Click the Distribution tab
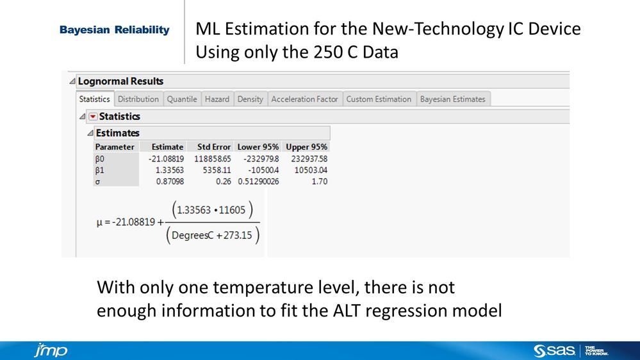(x=138, y=99)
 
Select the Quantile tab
(x=182, y=99)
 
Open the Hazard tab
(x=217, y=99)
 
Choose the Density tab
(x=250, y=99)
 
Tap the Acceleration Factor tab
(x=304, y=99)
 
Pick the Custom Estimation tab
(x=379, y=99)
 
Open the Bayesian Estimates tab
(x=453, y=99)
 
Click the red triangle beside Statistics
(x=93, y=117)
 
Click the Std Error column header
(x=214, y=147)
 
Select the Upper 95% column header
(x=306, y=147)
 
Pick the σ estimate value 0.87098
(x=169, y=181)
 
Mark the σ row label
(x=97, y=181)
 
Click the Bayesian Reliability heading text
(x=115, y=30)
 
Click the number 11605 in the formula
(x=239, y=210)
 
